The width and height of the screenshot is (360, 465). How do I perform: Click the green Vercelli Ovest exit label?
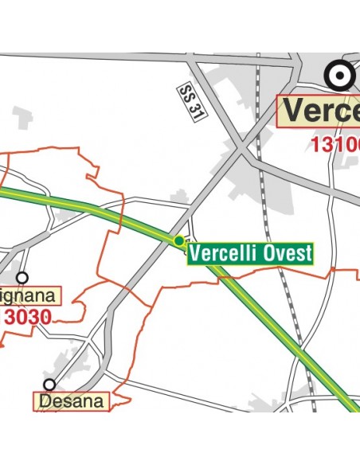[250, 254]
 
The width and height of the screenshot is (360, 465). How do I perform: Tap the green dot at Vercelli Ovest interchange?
[178, 240]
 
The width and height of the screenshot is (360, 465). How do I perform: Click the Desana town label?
[72, 401]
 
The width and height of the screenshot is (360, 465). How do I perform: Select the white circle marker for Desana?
[49, 385]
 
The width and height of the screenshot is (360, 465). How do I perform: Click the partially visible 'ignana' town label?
[29, 297]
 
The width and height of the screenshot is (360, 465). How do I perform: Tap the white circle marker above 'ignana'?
[22, 278]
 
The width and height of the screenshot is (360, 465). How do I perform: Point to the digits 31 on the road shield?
[194, 110]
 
